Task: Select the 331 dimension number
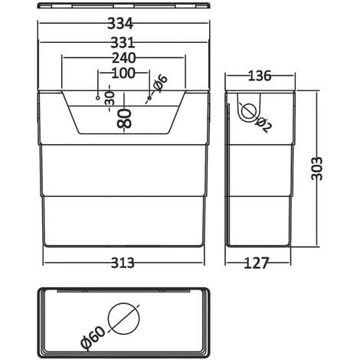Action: pyautogui.click(x=123, y=42)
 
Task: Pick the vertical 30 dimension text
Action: pyautogui.click(x=110, y=97)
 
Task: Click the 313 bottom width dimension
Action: pyautogui.click(x=123, y=263)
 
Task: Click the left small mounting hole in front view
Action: pyautogui.click(x=97, y=99)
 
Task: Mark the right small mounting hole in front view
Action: pyautogui.click(x=148, y=99)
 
